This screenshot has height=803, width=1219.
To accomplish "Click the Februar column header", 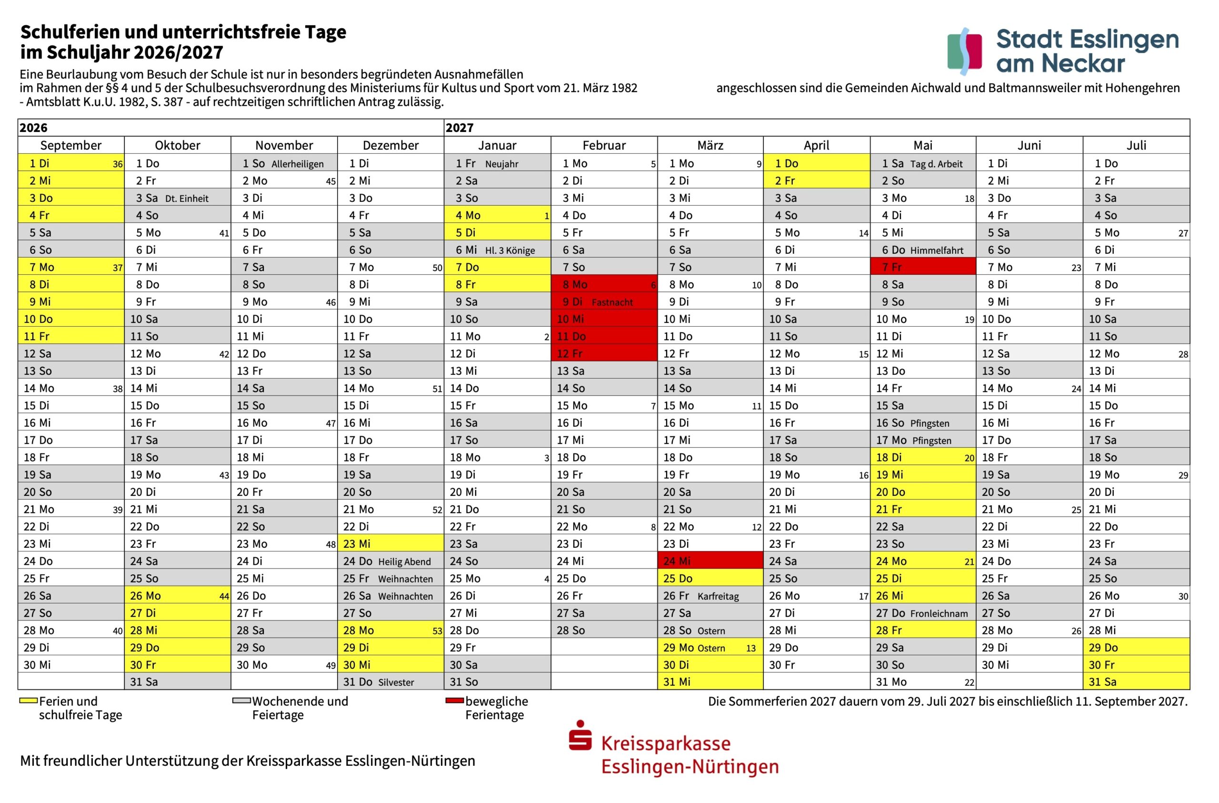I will pos(604,145).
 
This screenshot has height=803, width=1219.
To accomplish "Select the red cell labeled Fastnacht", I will pos(611,302).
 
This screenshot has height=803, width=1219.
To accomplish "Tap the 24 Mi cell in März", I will pos(710,561).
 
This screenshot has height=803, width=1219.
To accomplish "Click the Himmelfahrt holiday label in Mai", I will pos(936,250).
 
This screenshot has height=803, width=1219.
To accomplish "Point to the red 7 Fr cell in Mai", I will pos(922,267).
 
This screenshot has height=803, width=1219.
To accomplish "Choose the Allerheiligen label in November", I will pos(297,164).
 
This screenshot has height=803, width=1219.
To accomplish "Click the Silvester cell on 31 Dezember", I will pos(395,682).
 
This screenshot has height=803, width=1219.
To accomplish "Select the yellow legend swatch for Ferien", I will pos(28,701).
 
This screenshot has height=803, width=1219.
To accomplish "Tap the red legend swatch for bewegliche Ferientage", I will pos(454,701).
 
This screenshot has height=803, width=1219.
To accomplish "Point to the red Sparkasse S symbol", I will pos(580,736).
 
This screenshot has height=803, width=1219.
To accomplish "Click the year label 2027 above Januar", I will pos(460,128).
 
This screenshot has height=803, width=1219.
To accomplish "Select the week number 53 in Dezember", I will pos(437,631).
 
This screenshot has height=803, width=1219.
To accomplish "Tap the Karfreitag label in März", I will pos(718,596).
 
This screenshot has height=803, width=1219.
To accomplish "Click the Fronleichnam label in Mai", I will pos(939,613).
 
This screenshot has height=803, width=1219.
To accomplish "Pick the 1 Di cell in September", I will pos(70,163).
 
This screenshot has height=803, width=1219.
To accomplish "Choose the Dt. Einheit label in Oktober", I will pos(187,198).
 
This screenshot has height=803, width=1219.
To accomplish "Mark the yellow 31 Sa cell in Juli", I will pos(1136,682).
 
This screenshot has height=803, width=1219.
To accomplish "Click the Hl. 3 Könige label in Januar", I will pos(510,250).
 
